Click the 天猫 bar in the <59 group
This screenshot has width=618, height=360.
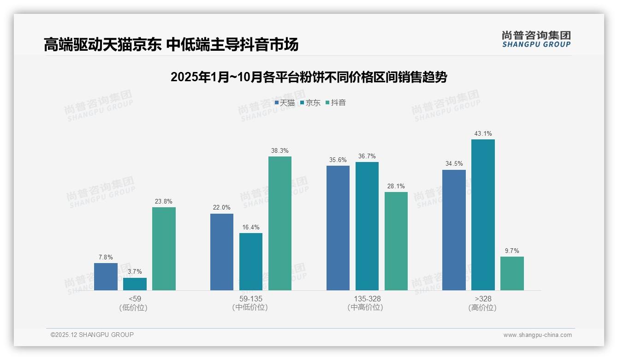point(106,276)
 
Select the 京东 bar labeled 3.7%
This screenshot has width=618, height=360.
point(135,284)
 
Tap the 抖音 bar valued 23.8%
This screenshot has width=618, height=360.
point(164,249)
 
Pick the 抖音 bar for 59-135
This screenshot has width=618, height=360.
point(280,223)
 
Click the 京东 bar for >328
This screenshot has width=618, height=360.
point(483,215)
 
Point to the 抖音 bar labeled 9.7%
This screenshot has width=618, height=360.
point(512,273)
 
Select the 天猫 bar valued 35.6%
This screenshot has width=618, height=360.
point(338,228)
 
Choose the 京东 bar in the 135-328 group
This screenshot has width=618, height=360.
point(367,226)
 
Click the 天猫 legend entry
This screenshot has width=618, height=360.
point(285,103)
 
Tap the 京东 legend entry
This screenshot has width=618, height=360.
point(310,103)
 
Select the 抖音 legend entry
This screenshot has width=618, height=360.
point(336,103)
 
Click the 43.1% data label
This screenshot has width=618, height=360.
point(483,134)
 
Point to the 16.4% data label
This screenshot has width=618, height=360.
point(251,228)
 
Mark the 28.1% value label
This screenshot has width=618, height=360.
point(396,186)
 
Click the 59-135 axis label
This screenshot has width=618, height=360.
point(251,299)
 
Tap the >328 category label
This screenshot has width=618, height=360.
point(483,299)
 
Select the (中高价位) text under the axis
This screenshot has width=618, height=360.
point(365,307)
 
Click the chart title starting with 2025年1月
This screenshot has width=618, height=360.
point(309,77)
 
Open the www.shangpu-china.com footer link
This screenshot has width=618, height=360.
point(537,335)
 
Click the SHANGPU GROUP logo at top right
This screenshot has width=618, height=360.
point(536,39)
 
